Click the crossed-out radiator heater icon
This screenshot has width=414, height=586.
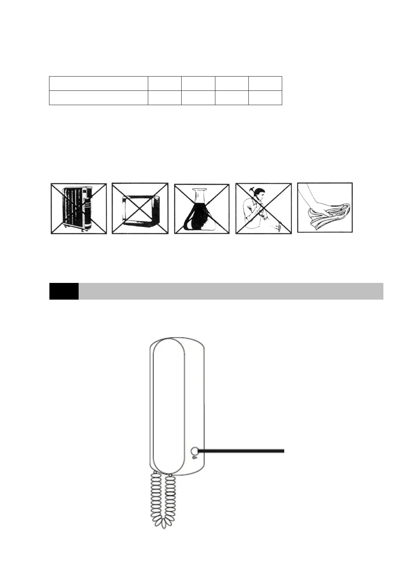[79, 208]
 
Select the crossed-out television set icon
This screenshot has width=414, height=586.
[140, 208]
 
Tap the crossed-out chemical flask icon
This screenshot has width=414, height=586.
[202, 208]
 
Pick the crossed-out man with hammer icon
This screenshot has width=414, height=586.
[264, 208]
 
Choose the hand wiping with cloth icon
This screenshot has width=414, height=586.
[325, 207]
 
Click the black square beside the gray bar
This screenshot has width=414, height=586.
[64, 291]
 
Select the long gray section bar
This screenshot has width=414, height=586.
[231, 291]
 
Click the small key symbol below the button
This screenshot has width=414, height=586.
[194, 457]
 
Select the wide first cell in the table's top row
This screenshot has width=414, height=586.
[98, 83]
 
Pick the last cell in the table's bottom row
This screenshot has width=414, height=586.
[265, 98]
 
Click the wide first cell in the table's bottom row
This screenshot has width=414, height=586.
[98, 98]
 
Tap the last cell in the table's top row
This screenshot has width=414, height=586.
[265, 83]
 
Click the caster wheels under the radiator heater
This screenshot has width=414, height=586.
[82, 230]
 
